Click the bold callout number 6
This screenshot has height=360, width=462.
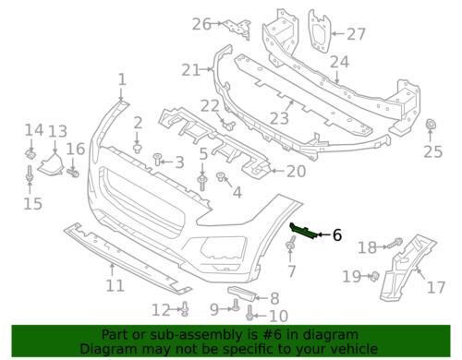[x=337, y=235]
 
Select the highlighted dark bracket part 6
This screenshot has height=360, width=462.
[x=303, y=231]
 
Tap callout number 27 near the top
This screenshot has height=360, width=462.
[x=356, y=34]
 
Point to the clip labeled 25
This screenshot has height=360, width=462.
[x=430, y=125]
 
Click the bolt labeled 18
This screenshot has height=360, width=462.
[x=395, y=244]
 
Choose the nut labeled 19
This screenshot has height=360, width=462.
[x=374, y=276]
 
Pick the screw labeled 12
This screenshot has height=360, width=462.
[x=185, y=309]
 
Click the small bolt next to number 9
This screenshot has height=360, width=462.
[x=236, y=305]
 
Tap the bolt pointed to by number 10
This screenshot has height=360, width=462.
[x=249, y=312]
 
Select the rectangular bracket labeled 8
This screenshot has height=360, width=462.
[x=242, y=294]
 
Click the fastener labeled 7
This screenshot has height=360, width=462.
[x=290, y=244]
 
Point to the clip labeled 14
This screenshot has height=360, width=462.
[x=30, y=153]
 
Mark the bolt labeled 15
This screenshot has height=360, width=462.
[x=30, y=174]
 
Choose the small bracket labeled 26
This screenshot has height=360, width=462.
[x=237, y=29]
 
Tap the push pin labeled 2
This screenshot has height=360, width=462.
[x=138, y=148]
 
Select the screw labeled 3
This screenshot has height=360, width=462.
[x=157, y=160]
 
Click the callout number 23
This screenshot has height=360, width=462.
[x=279, y=118]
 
